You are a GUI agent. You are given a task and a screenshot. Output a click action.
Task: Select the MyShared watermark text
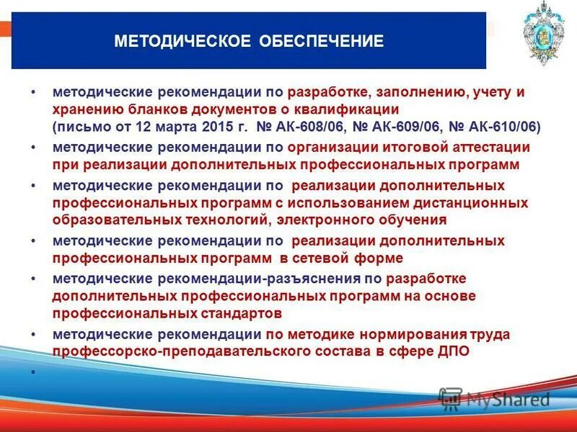[x=508, y=399]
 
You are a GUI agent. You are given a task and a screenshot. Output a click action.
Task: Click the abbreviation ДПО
[x=452, y=351]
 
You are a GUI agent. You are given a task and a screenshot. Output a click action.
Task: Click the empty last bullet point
[x=34, y=372]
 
